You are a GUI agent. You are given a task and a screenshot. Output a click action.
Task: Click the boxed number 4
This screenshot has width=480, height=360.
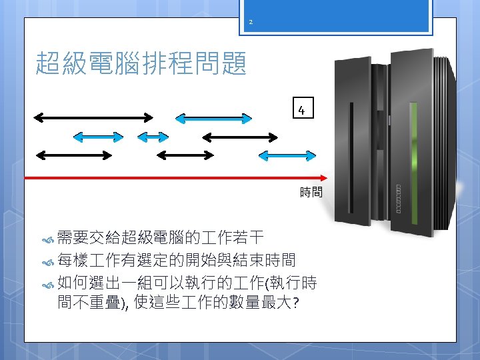[302, 110]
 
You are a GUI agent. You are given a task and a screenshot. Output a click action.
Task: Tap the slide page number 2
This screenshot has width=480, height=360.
[251, 23]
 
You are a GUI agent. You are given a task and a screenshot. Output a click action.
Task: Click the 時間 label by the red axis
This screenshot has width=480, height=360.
[311, 193]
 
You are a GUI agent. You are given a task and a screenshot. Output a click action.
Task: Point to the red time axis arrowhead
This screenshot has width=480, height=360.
[324, 178]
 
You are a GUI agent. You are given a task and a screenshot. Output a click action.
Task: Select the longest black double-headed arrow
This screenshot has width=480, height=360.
[94, 118]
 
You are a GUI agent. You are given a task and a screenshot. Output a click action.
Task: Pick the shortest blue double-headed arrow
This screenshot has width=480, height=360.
[153, 137]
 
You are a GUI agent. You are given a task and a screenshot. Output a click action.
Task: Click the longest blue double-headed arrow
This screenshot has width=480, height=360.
[213, 119]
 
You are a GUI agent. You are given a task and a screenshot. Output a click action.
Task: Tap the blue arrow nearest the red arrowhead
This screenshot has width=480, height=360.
[287, 155]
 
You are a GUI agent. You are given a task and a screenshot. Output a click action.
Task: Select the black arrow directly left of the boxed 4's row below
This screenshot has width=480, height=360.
[239, 137]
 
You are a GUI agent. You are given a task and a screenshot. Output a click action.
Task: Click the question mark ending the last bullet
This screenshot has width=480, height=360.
[295, 303]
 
